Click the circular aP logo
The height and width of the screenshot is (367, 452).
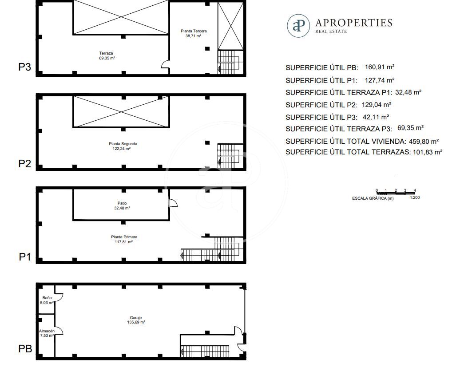click(x=298, y=26)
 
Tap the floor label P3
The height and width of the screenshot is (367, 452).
click(x=24, y=67)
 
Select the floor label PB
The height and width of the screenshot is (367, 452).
click(x=25, y=348)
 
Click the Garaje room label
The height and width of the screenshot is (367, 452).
click(x=135, y=318)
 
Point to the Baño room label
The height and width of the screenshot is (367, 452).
click(x=47, y=298)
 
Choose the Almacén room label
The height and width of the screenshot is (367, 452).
click(x=47, y=331)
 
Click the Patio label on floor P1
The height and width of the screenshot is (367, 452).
click(x=122, y=203)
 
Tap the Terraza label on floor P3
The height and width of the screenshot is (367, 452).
click(x=106, y=53)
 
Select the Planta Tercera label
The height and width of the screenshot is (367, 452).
click(x=194, y=31)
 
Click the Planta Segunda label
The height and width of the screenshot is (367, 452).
click(x=123, y=144)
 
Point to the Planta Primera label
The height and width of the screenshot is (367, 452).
click(x=124, y=237)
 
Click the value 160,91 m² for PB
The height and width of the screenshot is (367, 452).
click(x=380, y=67)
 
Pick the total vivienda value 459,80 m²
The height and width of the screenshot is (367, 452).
click(x=424, y=142)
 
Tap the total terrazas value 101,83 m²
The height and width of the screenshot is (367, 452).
click(x=428, y=152)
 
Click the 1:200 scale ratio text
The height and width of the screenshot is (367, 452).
click(x=415, y=197)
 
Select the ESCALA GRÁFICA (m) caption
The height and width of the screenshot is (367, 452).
click(x=373, y=198)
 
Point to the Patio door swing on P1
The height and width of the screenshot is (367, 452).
click(x=174, y=203)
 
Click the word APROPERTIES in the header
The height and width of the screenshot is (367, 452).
click(x=354, y=23)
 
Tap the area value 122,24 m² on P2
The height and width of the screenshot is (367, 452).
click(x=121, y=149)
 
